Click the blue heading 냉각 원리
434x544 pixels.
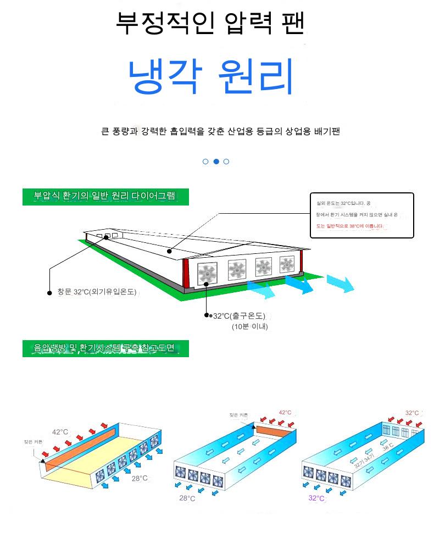211,76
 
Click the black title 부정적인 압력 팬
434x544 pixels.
210,23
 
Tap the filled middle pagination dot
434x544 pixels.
216,162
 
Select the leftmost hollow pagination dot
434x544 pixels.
205,162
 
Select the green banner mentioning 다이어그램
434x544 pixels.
105,197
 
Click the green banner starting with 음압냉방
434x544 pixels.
105,348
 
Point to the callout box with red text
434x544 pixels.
361,215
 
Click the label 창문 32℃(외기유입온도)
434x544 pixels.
96,292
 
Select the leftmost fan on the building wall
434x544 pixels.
208,273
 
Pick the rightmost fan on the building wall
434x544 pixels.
287,264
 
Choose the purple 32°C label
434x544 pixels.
316,498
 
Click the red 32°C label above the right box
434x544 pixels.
412,413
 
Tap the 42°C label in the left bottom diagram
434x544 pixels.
60,432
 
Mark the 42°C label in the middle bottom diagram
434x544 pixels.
285,413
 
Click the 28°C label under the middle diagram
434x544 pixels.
187,498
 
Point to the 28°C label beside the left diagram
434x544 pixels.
140,478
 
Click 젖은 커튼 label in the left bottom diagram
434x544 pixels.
32,441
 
